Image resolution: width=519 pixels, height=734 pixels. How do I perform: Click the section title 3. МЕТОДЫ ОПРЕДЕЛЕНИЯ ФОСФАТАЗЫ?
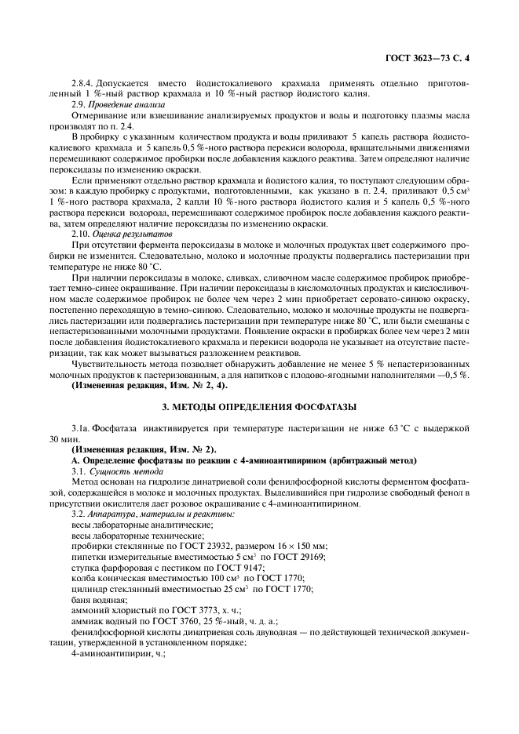(x=259, y=406)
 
